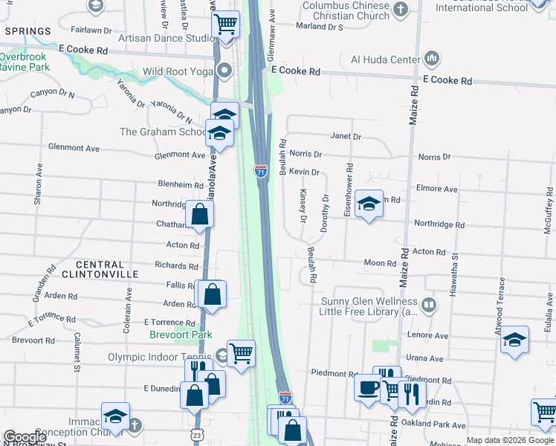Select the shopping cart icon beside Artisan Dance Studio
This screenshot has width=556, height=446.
pyautogui.click(x=226, y=23)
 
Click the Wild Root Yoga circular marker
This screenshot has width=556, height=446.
pyautogui.click(x=224, y=72)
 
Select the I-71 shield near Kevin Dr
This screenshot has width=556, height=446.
pyautogui.click(x=261, y=171)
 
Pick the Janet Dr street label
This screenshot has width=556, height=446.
pyautogui.click(x=346, y=137)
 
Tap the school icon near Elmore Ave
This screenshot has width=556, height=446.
pyautogui.click(x=368, y=203)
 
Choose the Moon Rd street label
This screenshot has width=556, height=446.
pyautogui.click(x=380, y=263)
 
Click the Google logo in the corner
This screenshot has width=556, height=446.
pyautogui.click(x=25, y=437)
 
